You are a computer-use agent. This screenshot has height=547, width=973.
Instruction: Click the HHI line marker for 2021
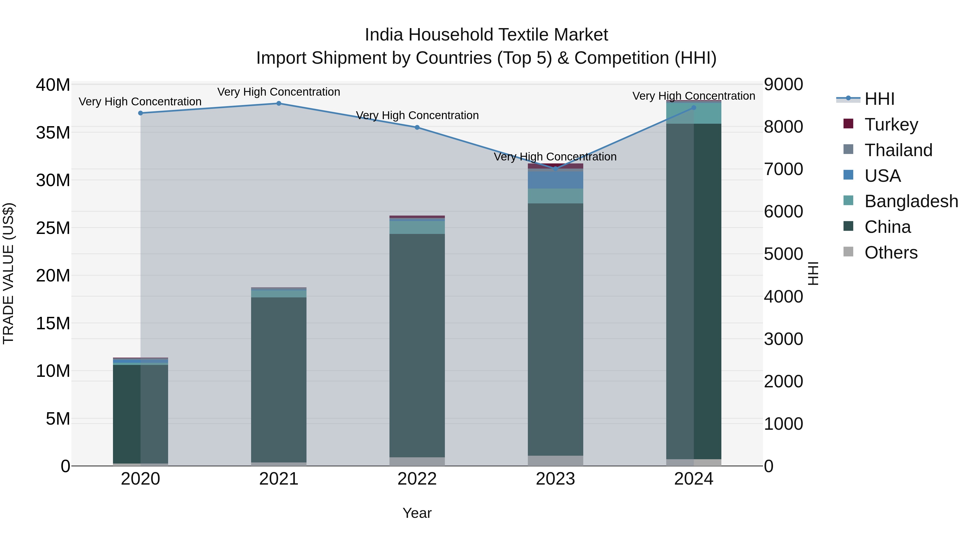[x=279, y=103]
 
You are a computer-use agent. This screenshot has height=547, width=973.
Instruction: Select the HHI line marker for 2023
[x=555, y=169]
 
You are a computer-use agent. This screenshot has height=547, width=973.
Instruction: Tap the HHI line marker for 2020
[x=141, y=113]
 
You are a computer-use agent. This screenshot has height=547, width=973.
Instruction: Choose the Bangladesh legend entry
[x=911, y=201]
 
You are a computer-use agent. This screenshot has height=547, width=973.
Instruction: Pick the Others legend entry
[x=891, y=253]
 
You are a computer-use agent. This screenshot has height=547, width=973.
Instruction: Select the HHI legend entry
[x=879, y=99]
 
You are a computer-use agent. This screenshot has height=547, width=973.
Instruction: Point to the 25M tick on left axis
[x=53, y=228]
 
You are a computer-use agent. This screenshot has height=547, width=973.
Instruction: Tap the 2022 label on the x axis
[x=417, y=479]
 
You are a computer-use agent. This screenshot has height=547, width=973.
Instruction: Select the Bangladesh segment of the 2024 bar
[x=694, y=113]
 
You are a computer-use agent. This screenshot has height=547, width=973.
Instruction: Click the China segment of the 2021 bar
[x=279, y=380]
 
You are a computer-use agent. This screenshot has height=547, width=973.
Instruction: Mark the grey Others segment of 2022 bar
[x=417, y=461]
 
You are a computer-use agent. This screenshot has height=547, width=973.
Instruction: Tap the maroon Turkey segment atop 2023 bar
[x=555, y=166]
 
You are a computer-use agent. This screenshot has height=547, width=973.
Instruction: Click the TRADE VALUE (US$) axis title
[x=8, y=273]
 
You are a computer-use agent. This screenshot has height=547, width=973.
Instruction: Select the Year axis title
[x=417, y=513]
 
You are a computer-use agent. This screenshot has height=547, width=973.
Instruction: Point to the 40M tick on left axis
[x=53, y=85]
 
